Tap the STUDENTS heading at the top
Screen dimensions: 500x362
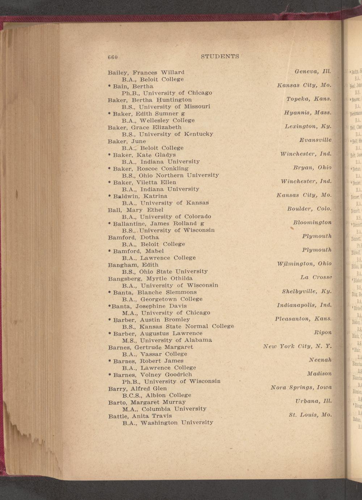pyautogui.click(x=220, y=57)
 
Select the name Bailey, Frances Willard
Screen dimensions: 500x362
pyautogui.click(x=146, y=72)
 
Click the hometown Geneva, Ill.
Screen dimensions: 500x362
pyautogui.click(x=313, y=72)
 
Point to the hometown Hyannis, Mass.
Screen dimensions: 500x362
pyautogui.click(x=308, y=113)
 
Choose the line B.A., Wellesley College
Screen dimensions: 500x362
pyautogui.click(x=158, y=120)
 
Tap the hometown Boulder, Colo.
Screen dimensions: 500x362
pyautogui.click(x=309, y=209)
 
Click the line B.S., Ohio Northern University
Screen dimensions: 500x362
pyautogui.click(x=170, y=175)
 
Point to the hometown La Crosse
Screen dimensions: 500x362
pyautogui.click(x=316, y=278)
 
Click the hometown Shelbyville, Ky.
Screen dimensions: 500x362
pyautogui.click(x=307, y=291)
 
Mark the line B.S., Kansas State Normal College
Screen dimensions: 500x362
pyautogui.click(x=178, y=326)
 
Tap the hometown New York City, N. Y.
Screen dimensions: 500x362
pyautogui.click(x=297, y=347)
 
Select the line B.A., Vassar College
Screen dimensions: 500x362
pyautogui.click(x=155, y=354)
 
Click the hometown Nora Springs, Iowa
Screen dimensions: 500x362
pyautogui.click(x=301, y=388)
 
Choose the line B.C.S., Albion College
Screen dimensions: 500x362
pyautogui.click(x=157, y=395)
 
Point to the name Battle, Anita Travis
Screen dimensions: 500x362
pyautogui.click(x=140, y=416)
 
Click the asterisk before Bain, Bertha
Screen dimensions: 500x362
pyautogui.click(x=109, y=86)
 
